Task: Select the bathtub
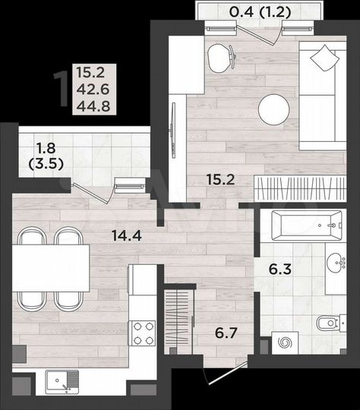[298, 224]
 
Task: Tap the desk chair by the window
[219, 57]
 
